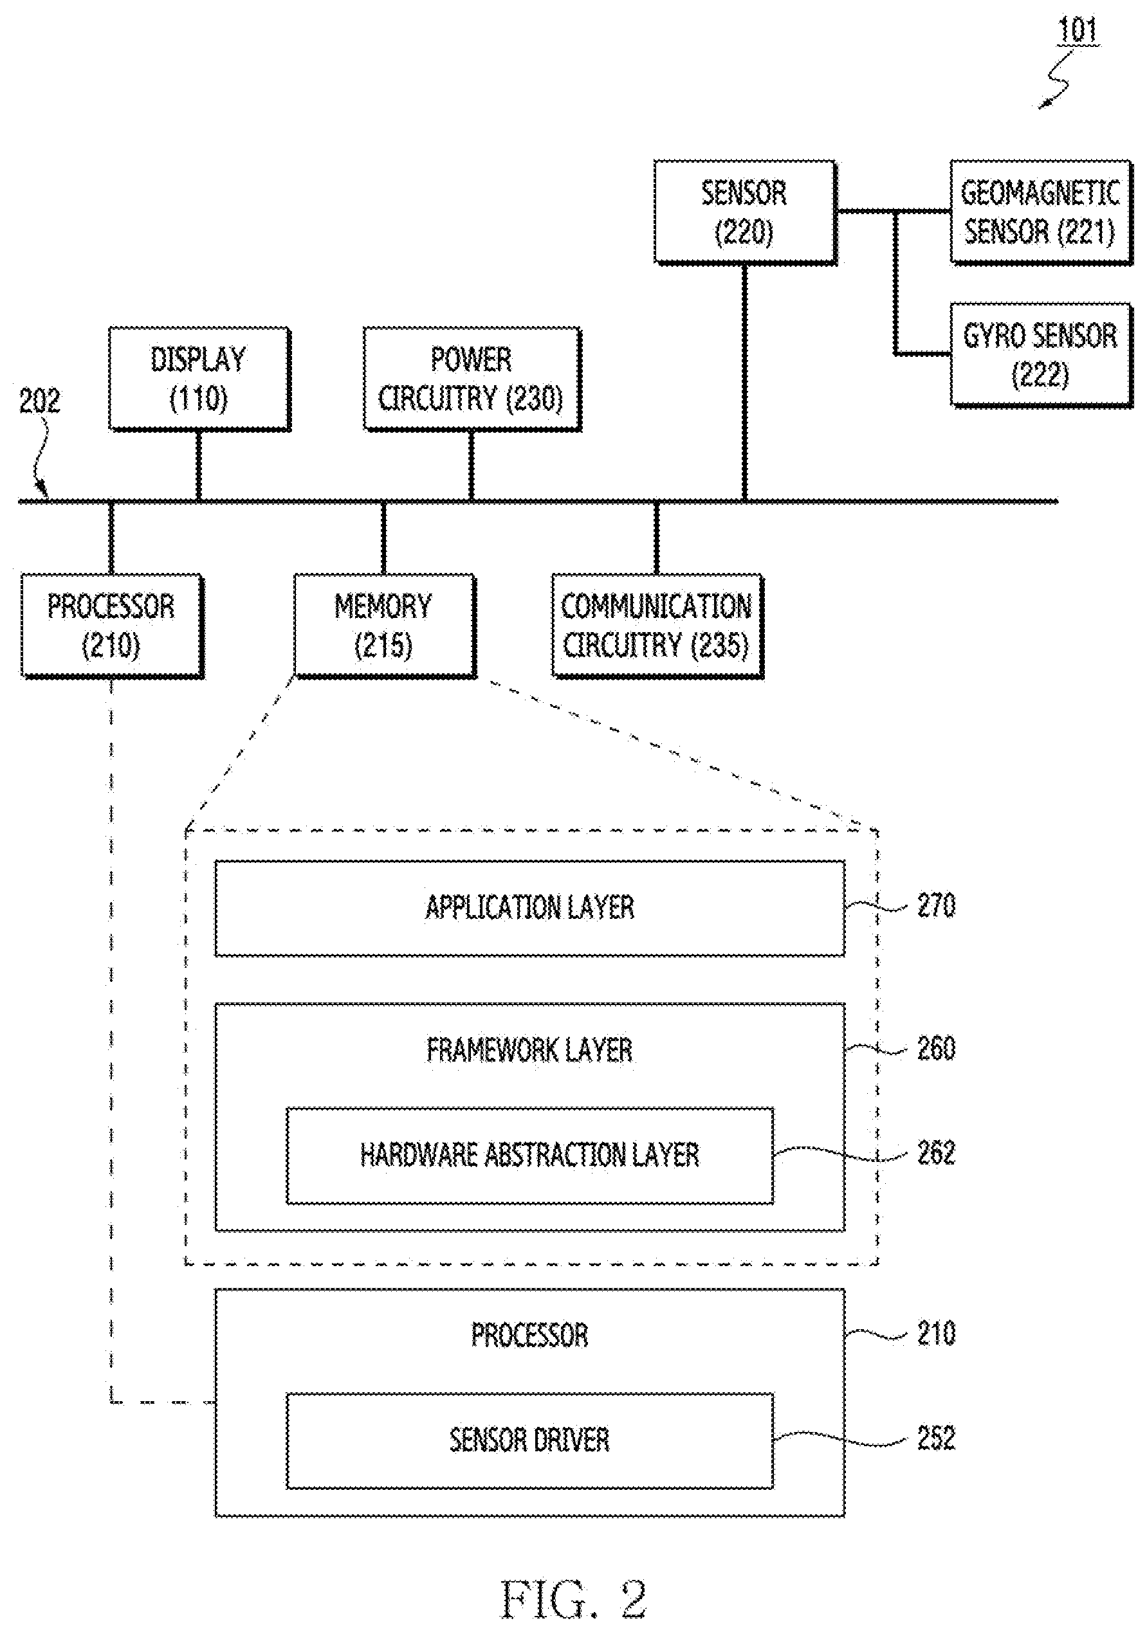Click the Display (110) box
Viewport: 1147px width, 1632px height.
tap(200, 379)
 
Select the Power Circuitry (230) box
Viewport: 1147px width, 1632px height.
tap(472, 379)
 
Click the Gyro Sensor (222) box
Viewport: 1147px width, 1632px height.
tap(1041, 356)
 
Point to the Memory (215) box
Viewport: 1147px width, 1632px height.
tap(385, 626)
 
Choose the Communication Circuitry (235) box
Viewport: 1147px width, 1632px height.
tap(657, 626)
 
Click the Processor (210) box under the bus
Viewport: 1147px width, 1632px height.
tap(113, 626)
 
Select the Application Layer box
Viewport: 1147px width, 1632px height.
tap(530, 909)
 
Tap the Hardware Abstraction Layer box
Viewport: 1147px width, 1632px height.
tap(530, 1155)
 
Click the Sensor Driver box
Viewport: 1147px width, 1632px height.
tap(530, 1440)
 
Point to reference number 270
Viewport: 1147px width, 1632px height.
tap(936, 906)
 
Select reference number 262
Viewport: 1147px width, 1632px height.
tap(936, 1154)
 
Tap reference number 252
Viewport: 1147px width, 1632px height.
tap(936, 1438)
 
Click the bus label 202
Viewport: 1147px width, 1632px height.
tap(40, 402)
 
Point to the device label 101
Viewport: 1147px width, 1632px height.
tap(1078, 31)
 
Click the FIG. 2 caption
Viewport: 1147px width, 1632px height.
tap(574, 1599)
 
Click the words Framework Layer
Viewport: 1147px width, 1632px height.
tap(530, 1051)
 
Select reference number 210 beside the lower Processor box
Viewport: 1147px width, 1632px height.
tap(936, 1334)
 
